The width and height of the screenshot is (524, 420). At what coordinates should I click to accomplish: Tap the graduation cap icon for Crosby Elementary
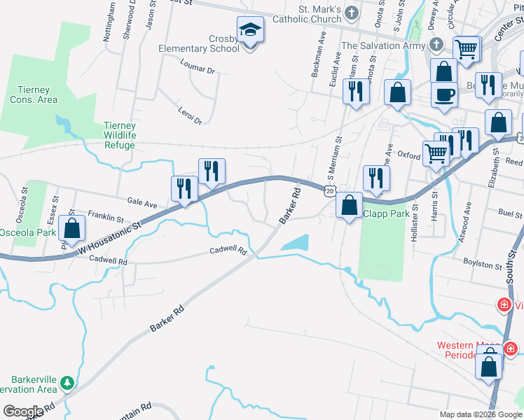(250, 31)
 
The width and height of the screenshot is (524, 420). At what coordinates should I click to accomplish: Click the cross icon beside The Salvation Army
(436, 45)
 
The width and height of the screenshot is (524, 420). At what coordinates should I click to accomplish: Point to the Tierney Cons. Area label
(34, 94)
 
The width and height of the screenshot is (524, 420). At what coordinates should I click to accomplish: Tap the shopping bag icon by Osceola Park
(71, 228)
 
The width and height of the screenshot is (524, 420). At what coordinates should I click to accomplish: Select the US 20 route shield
(329, 190)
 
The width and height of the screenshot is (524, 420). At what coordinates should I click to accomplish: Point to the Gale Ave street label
(142, 202)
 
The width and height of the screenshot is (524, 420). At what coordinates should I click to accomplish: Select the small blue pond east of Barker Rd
(295, 243)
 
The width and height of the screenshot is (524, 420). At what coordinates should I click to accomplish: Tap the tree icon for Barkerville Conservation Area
(67, 383)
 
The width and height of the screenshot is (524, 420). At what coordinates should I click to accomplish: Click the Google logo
(23, 412)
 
